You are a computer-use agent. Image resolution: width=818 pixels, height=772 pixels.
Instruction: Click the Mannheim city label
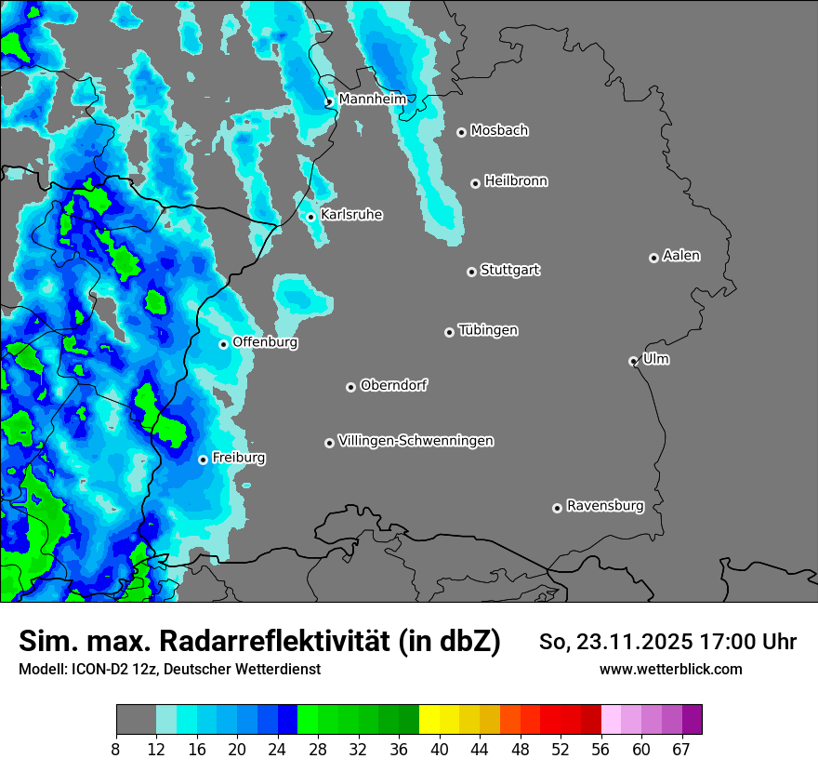[372, 99]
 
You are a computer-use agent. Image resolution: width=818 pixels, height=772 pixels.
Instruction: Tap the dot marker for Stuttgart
[471, 272]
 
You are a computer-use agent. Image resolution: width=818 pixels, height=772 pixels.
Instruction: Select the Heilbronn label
[516, 180]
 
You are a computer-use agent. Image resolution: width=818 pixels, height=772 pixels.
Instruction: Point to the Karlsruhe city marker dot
[311, 217]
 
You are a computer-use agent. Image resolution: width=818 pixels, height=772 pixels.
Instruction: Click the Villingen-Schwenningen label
[416, 441]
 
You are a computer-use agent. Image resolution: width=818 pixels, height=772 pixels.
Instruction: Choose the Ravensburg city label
[605, 506]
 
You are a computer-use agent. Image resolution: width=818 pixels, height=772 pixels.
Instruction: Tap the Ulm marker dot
[633, 361]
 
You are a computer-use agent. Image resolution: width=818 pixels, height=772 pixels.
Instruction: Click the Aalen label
[681, 255]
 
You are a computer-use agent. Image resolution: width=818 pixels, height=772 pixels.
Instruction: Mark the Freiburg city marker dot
[203, 459]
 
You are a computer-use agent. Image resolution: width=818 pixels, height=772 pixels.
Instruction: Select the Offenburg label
[265, 342]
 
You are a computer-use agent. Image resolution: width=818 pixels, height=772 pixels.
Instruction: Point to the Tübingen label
[488, 330]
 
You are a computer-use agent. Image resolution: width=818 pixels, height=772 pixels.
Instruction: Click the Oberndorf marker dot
[350, 387]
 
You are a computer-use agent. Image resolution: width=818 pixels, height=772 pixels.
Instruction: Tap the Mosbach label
[499, 130]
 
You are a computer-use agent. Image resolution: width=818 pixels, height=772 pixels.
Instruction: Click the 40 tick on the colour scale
[439, 750]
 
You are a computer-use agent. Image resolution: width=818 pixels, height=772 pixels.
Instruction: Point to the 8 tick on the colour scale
[116, 750]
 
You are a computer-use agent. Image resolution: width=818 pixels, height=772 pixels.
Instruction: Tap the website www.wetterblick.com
[670, 669]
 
